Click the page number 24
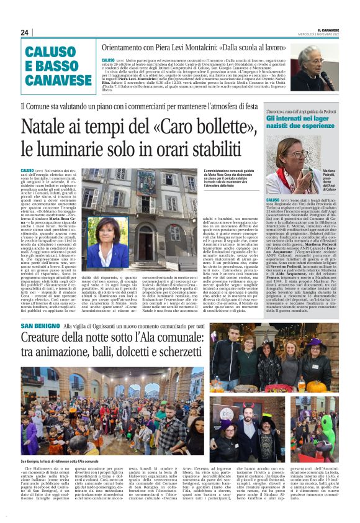(24, 32)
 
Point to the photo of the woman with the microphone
(319, 67)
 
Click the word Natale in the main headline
(48, 127)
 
